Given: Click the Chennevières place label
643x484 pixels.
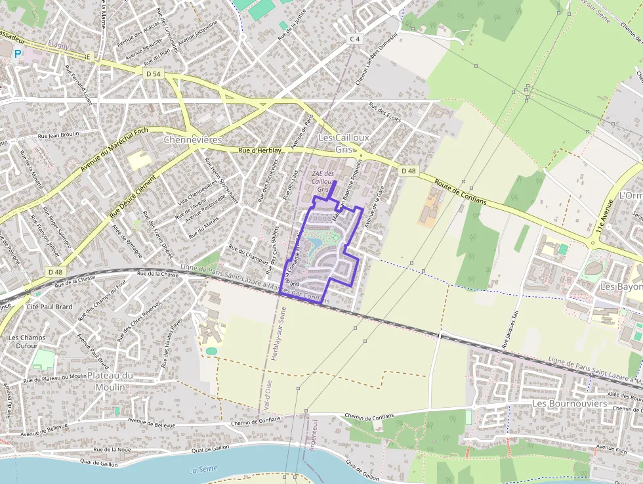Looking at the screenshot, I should click(x=192, y=140).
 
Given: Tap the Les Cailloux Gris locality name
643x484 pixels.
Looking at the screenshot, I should click(x=344, y=143).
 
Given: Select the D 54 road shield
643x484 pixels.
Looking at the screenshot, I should click(x=152, y=74).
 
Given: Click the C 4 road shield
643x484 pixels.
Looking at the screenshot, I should click(x=355, y=39).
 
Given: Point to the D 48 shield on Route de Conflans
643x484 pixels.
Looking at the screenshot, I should click(x=408, y=171).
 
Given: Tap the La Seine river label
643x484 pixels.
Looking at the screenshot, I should click(x=202, y=470).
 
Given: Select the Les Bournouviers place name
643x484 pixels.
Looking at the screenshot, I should click(x=570, y=403).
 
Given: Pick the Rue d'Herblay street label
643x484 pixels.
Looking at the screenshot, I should click(x=260, y=150).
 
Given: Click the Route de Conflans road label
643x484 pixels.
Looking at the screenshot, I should click(x=461, y=192).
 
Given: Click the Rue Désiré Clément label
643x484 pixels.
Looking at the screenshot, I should click(x=134, y=196).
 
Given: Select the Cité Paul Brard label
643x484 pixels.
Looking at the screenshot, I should click(x=49, y=306).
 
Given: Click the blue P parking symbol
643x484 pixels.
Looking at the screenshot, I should click(x=17, y=53).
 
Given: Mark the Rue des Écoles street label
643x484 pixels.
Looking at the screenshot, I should click(x=384, y=112).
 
